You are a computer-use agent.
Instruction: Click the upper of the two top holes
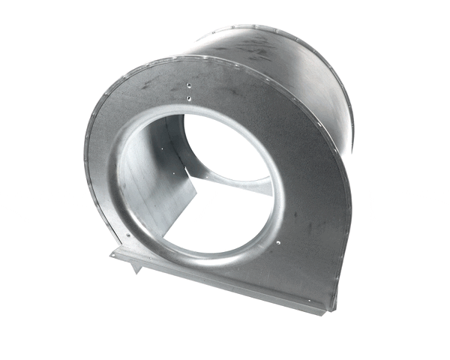(x=188, y=87)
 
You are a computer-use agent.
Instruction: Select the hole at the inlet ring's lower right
(x=276, y=241)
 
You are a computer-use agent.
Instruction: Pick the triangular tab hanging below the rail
(x=133, y=267)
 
